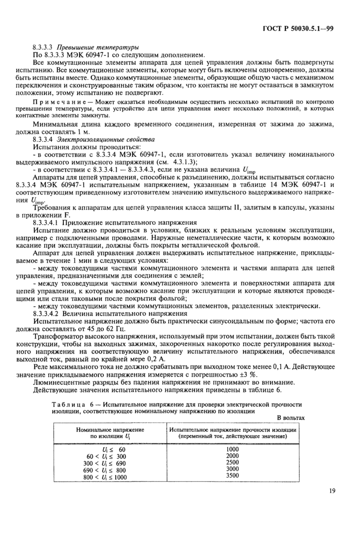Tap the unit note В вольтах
click(x=291, y=418)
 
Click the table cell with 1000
click(x=232, y=449)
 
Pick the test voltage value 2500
click(x=232, y=463)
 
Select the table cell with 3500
click(x=232, y=476)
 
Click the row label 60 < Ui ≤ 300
click(x=106, y=456)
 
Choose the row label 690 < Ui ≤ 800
click(x=106, y=470)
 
